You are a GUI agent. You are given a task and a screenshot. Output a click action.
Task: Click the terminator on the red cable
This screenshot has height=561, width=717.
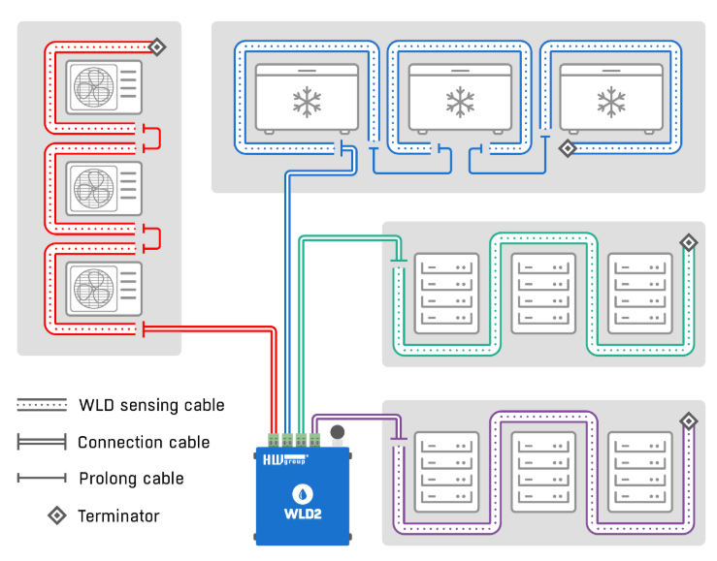click(156, 46)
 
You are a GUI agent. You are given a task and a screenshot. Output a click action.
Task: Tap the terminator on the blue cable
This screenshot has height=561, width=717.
click(567, 148)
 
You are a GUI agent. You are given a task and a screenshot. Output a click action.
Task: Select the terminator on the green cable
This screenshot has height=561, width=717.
click(688, 241)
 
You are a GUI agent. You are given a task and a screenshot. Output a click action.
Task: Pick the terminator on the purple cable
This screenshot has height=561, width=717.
click(688, 421)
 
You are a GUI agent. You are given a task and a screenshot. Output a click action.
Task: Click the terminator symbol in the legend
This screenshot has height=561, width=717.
click(57, 515)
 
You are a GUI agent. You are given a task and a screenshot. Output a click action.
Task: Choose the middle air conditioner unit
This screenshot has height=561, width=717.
click(103, 187)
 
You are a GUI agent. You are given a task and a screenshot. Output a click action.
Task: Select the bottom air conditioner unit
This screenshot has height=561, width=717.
click(103, 288)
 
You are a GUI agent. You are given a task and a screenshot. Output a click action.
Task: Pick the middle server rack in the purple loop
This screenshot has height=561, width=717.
click(543, 472)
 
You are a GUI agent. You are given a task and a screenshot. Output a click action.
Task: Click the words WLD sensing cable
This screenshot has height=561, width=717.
click(150, 405)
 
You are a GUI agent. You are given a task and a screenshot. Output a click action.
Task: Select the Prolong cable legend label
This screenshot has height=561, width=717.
click(130, 478)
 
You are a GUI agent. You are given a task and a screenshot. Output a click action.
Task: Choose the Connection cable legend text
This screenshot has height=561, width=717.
click(144, 442)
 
